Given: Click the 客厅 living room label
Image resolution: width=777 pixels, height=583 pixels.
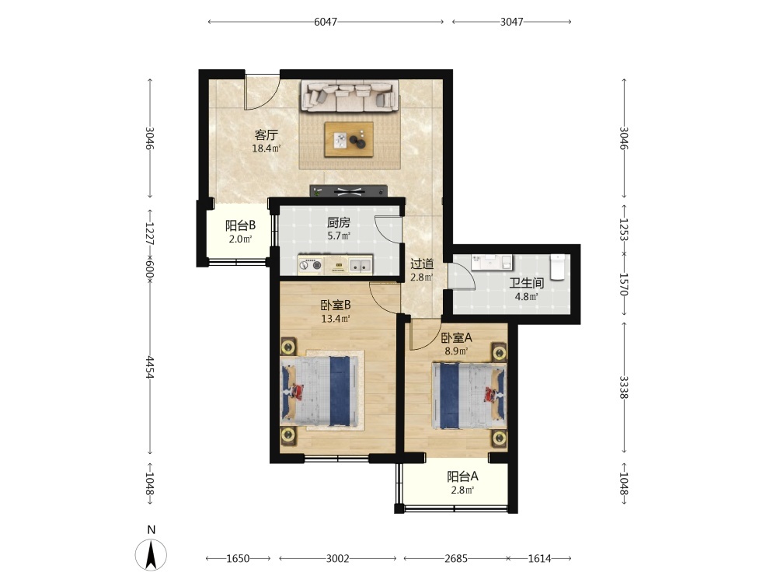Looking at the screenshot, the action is (266, 134).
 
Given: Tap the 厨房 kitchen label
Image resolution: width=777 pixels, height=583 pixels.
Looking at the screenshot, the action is (339, 222).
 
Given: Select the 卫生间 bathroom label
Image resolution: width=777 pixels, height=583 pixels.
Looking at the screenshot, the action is (527, 283).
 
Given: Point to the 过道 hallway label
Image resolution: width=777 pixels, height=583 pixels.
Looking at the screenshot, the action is (422, 264).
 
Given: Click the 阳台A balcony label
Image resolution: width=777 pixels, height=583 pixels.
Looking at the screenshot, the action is (462, 477).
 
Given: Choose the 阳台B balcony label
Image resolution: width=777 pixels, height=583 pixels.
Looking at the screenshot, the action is (240, 225).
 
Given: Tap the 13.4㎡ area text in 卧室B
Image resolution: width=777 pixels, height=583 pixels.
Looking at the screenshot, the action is (336, 319).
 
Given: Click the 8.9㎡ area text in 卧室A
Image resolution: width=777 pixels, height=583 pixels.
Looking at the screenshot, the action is (456, 351).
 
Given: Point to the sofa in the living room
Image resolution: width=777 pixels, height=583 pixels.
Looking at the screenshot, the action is (350, 96).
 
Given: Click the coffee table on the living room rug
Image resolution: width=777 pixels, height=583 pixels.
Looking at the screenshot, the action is (349, 139).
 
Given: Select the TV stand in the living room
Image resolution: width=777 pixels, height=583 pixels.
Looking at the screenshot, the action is (348, 190).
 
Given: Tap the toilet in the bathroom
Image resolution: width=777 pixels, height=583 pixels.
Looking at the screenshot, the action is (557, 267).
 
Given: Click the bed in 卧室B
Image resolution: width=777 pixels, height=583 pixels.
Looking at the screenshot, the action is (319, 392).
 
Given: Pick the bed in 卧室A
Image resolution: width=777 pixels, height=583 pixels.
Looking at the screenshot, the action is (469, 396).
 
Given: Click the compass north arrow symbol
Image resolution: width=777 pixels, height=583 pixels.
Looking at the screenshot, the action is (152, 555).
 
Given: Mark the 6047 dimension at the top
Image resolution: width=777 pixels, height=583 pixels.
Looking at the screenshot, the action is (326, 22).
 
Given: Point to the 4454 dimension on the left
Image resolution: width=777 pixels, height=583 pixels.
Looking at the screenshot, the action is (150, 367).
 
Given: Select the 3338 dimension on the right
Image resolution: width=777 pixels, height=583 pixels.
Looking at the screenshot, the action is (624, 387).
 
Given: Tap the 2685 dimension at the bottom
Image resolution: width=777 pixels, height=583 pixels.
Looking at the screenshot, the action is (456, 559).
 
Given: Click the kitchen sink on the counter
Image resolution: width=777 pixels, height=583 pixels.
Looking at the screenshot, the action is (361, 265).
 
